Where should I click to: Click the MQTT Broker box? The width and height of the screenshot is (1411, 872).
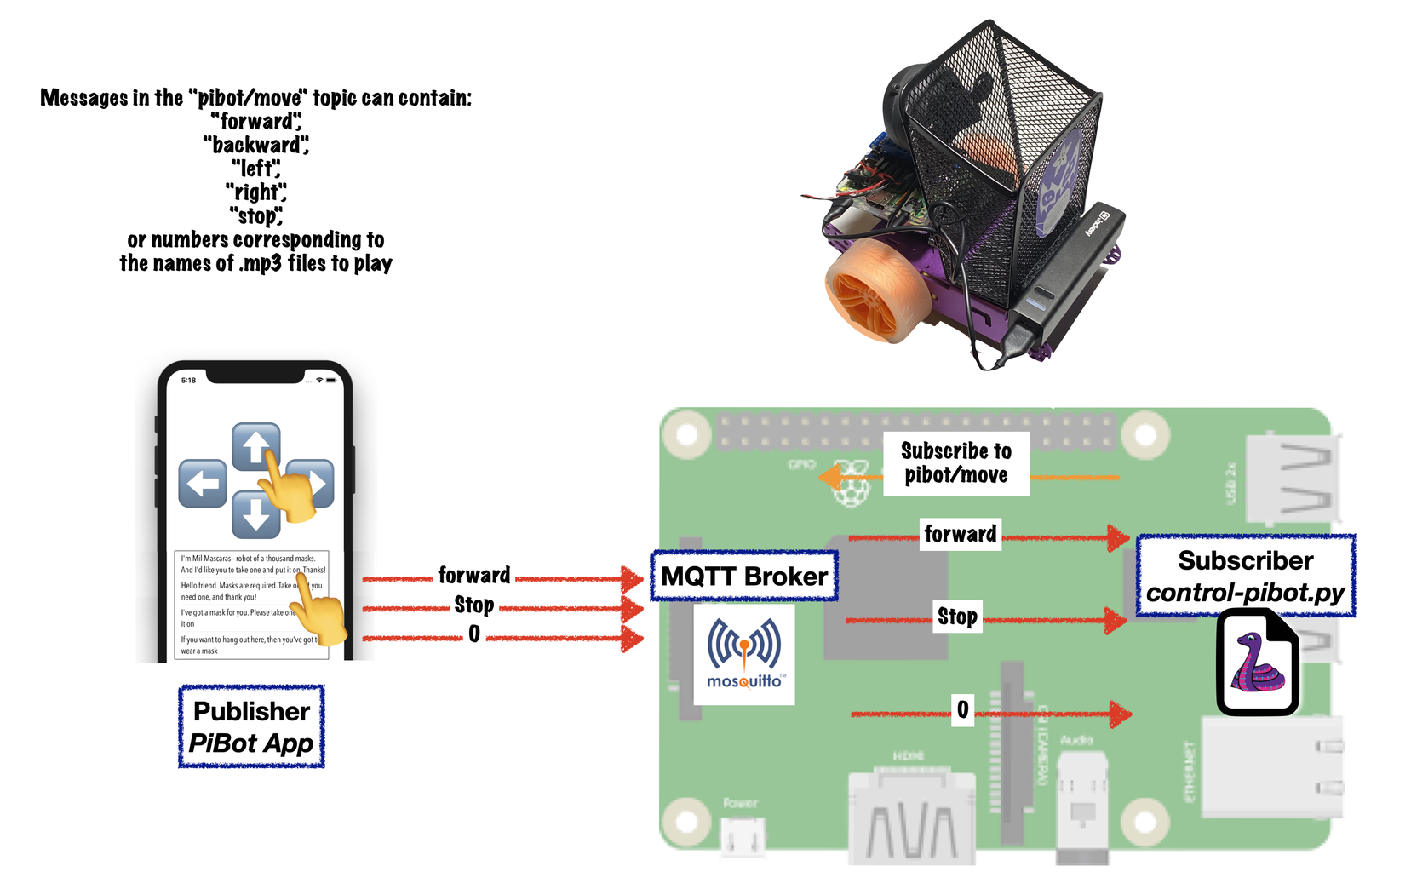(x=744, y=577)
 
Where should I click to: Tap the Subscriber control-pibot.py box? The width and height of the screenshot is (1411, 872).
(x=1245, y=576)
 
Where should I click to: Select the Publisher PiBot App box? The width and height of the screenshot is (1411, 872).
(x=251, y=726)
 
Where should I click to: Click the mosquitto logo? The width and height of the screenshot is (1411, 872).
(x=744, y=654)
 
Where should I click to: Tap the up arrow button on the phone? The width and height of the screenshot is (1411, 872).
(x=255, y=445)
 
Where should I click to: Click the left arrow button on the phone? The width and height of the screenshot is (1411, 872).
(x=203, y=484)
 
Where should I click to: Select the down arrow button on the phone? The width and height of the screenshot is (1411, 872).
(x=255, y=515)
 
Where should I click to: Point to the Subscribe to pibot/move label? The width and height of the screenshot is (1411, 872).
(x=956, y=463)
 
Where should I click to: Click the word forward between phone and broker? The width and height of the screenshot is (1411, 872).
(x=473, y=576)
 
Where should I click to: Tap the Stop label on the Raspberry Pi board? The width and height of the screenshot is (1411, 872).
(x=957, y=617)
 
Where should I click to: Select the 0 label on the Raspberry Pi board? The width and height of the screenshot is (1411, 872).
(x=962, y=709)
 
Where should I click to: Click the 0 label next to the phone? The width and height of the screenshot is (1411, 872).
(x=473, y=634)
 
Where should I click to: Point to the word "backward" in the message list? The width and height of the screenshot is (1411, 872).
(x=255, y=146)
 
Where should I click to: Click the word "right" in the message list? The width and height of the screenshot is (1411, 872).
(x=255, y=192)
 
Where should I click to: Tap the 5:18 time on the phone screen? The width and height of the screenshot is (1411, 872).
(x=188, y=381)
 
